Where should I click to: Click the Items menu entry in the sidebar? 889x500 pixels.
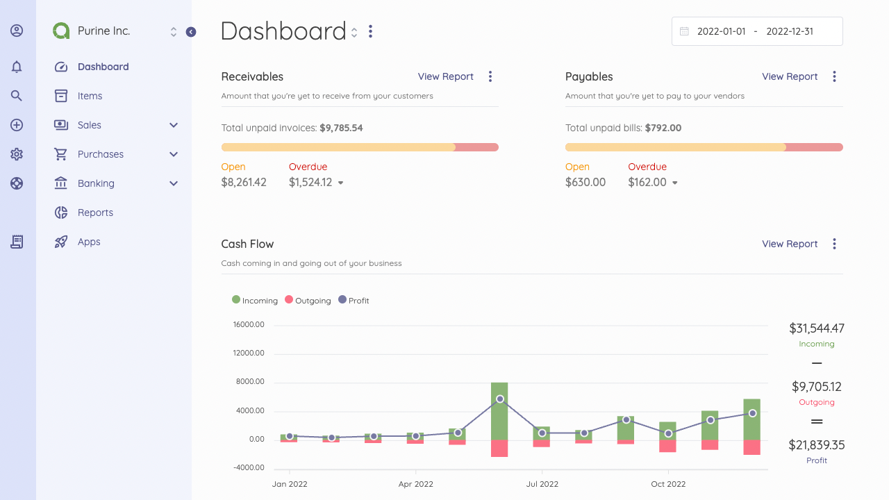pyautogui.click(x=90, y=96)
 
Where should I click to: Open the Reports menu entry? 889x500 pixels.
pyautogui.click(x=95, y=212)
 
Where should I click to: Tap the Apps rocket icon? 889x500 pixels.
pyautogui.click(x=60, y=242)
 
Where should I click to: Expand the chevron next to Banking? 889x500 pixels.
pyautogui.click(x=174, y=183)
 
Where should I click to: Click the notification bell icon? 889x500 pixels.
pyautogui.click(x=16, y=67)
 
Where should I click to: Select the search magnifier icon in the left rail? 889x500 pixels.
pyautogui.click(x=16, y=96)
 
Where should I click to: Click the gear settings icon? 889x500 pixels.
pyautogui.click(x=16, y=154)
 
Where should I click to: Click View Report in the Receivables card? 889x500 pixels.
pyautogui.click(x=445, y=76)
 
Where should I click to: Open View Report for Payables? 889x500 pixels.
pyautogui.click(x=790, y=76)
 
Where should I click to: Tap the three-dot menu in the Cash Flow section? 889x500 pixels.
pyautogui.click(x=834, y=244)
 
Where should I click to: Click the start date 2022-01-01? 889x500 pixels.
pyautogui.click(x=721, y=31)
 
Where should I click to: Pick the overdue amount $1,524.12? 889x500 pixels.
pyautogui.click(x=310, y=182)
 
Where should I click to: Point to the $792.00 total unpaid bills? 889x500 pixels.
pyautogui.click(x=663, y=128)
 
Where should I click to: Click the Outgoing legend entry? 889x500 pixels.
pyautogui.click(x=308, y=301)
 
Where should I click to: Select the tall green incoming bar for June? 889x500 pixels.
pyautogui.click(x=499, y=411)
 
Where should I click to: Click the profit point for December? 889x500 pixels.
pyautogui.click(x=752, y=413)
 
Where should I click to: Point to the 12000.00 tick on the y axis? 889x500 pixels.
pyautogui.click(x=249, y=353)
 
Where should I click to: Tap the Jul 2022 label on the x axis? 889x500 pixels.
pyautogui.click(x=542, y=484)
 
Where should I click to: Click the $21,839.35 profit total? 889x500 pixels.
pyautogui.click(x=816, y=445)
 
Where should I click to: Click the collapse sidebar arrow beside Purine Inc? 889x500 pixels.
pyautogui.click(x=191, y=32)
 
